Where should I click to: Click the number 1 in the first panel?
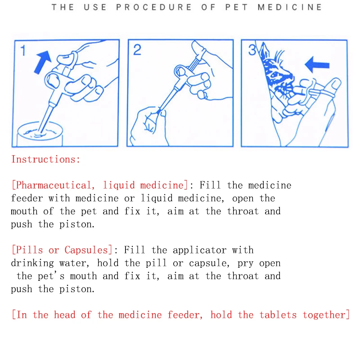pos(23,50)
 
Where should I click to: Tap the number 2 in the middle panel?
pos(137,50)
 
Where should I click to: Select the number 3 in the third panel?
pos(252,50)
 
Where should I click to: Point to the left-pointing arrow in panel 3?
pos(317,65)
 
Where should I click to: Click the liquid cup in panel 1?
pos(40,134)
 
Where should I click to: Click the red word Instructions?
pos(46,159)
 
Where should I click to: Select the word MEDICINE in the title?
pos(290,7)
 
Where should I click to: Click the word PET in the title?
pos(237,7)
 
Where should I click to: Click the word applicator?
pos(199,250)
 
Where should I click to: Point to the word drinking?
pos(32,263)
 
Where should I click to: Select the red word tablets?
pos(278,315)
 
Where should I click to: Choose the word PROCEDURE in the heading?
pos(153,7)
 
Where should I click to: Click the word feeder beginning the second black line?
pos(27,198)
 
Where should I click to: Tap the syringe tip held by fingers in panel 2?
pos(159,112)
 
